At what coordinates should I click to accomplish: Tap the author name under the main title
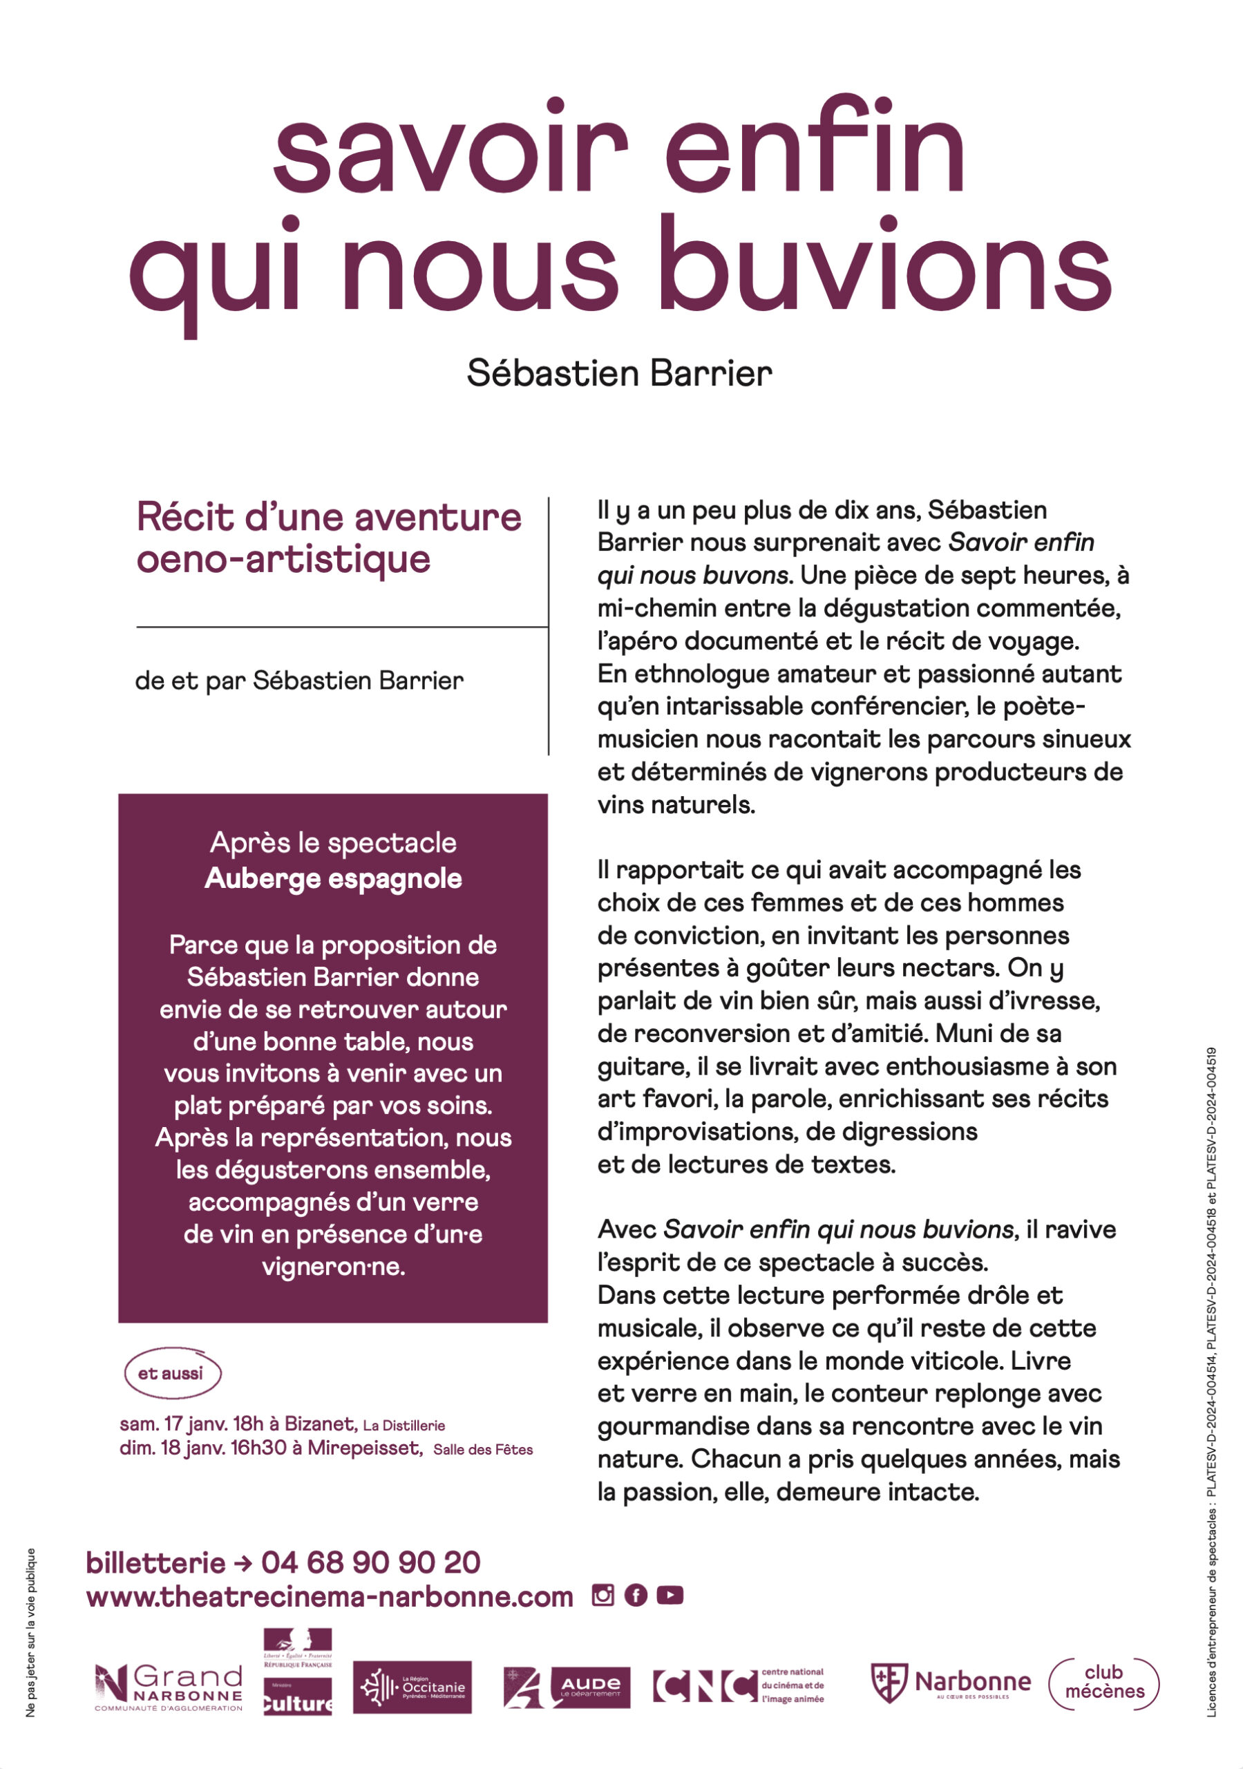point(619,374)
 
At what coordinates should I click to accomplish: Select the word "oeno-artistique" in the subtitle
point(283,559)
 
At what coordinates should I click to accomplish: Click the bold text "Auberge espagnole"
point(333,878)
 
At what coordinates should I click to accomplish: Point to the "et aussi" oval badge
point(171,1373)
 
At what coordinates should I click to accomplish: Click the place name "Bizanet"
point(320,1423)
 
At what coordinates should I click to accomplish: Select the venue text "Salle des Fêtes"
point(483,1449)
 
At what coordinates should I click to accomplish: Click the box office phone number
point(370,1562)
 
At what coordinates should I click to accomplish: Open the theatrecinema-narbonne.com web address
point(330,1596)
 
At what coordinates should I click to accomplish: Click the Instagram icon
point(602,1595)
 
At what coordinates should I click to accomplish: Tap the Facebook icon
point(636,1595)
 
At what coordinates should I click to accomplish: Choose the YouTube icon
point(670,1595)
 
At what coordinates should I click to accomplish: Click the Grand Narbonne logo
point(169,1687)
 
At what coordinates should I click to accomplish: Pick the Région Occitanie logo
point(412,1687)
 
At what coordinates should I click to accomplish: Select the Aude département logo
point(567,1687)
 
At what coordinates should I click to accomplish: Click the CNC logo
point(737,1686)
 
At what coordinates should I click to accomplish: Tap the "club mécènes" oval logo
point(1103,1684)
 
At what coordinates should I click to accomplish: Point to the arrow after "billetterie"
point(243,1563)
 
